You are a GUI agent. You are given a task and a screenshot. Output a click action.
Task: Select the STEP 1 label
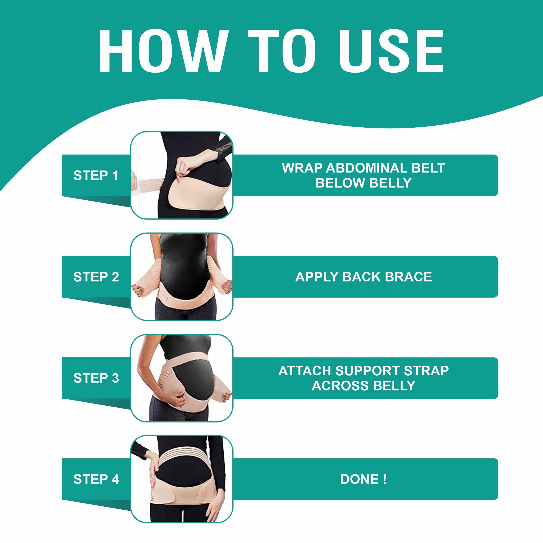coord(96,176)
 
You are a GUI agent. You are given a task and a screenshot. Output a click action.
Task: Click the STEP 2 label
coord(96,277)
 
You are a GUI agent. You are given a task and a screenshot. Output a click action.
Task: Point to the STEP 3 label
coord(96,378)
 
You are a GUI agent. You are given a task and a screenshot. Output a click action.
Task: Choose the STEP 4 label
coord(96,479)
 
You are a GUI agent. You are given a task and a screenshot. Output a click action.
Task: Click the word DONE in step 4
coord(359,479)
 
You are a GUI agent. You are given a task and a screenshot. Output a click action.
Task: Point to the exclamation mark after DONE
coord(384,479)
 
